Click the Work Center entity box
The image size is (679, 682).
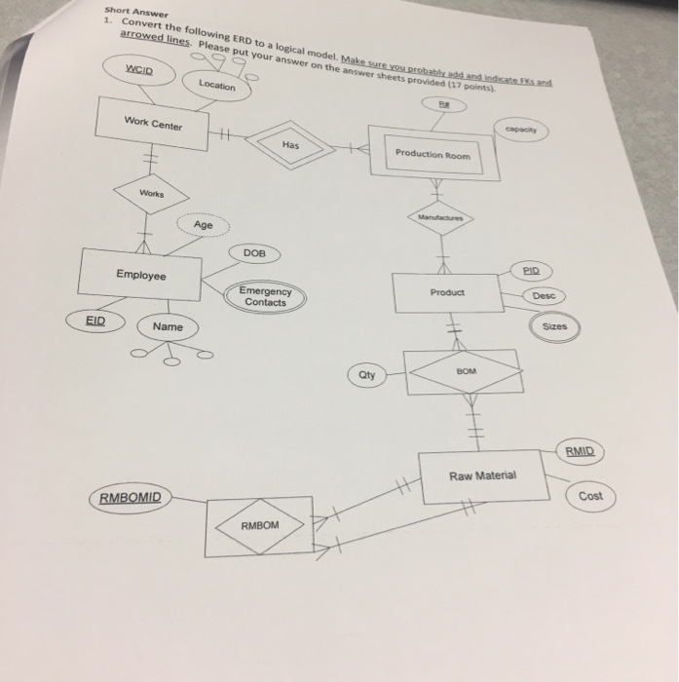pyautogui.click(x=153, y=124)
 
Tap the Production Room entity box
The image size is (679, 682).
pyautogui.click(x=432, y=154)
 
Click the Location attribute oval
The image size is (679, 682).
pyautogui.click(x=216, y=86)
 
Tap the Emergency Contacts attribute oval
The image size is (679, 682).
pyautogui.click(x=265, y=296)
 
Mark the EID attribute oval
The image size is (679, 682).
pyautogui.click(x=94, y=319)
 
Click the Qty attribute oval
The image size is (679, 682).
pyautogui.click(x=365, y=373)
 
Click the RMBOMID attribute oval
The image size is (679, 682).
pyautogui.click(x=129, y=500)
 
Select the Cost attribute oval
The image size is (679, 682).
pyautogui.click(x=589, y=496)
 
